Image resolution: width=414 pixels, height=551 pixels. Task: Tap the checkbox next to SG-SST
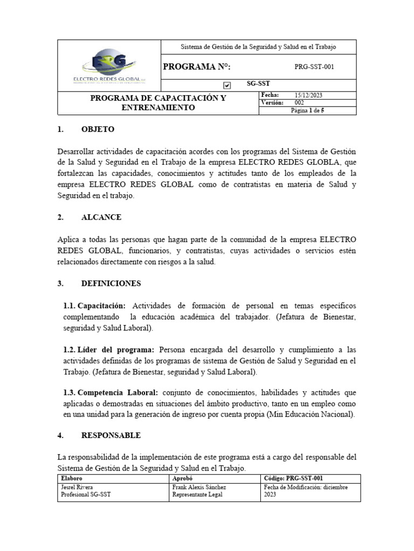tap(227, 85)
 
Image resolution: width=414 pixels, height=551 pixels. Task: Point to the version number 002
tap(300, 102)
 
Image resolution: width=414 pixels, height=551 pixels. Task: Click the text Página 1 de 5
tap(307, 110)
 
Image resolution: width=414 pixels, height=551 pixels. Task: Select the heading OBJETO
tap(98, 130)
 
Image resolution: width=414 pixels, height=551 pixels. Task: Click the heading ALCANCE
tap(101, 217)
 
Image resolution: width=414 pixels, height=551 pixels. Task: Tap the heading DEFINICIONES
tap(111, 283)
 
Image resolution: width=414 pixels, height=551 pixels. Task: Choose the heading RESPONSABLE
tap(111, 435)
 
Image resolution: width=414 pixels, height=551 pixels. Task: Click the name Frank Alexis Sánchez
tap(199, 487)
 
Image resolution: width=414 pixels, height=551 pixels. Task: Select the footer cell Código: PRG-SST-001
tap(294, 478)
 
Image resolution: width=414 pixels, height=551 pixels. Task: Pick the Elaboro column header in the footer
tap(72, 478)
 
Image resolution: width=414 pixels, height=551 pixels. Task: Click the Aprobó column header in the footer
tap(182, 478)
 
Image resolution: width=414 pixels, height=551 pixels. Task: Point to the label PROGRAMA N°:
tap(197, 67)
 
